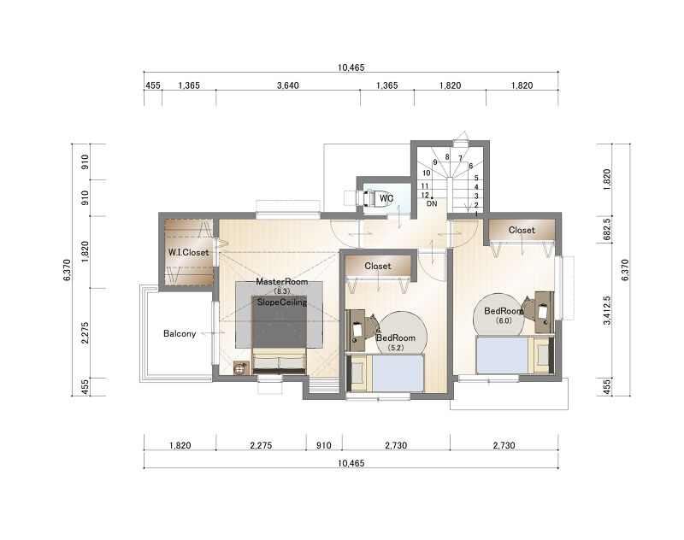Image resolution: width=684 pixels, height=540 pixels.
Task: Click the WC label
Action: pos(386,198)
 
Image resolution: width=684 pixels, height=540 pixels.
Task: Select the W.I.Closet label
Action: pos(188,252)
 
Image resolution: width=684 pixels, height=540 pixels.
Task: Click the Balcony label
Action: pos(180,333)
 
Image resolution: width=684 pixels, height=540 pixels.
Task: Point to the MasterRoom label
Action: pos(282,282)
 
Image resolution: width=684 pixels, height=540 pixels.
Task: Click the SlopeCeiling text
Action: pos(282,302)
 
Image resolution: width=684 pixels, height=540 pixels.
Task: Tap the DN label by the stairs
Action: pos(432,203)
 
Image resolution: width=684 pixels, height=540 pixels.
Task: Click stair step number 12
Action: pos(425,196)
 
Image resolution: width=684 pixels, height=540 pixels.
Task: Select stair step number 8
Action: pos(447,157)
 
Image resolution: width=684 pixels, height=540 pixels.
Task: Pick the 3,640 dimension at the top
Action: pos(288,85)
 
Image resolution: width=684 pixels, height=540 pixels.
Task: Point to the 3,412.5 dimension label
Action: pos(607,310)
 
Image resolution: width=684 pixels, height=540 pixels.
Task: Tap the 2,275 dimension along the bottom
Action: pos(261,445)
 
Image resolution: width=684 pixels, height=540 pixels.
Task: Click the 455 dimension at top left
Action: pos(153,85)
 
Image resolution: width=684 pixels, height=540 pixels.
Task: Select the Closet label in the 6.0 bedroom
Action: pos(522,230)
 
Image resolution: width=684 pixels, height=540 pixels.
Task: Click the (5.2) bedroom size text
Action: pos(395,348)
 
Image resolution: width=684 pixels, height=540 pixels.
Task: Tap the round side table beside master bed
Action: pos(240,369)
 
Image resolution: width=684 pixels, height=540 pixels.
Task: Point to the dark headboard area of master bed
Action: pos(280,322)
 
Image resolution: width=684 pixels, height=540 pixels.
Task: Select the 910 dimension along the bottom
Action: pos(324,445)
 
